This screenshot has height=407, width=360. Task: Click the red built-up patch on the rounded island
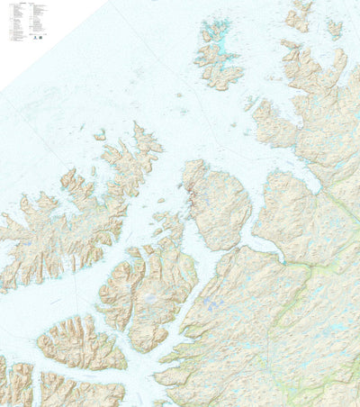pos(190,191)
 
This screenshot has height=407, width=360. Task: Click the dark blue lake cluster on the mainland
pos(209,306)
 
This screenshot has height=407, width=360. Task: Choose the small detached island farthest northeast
pos(335,29)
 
